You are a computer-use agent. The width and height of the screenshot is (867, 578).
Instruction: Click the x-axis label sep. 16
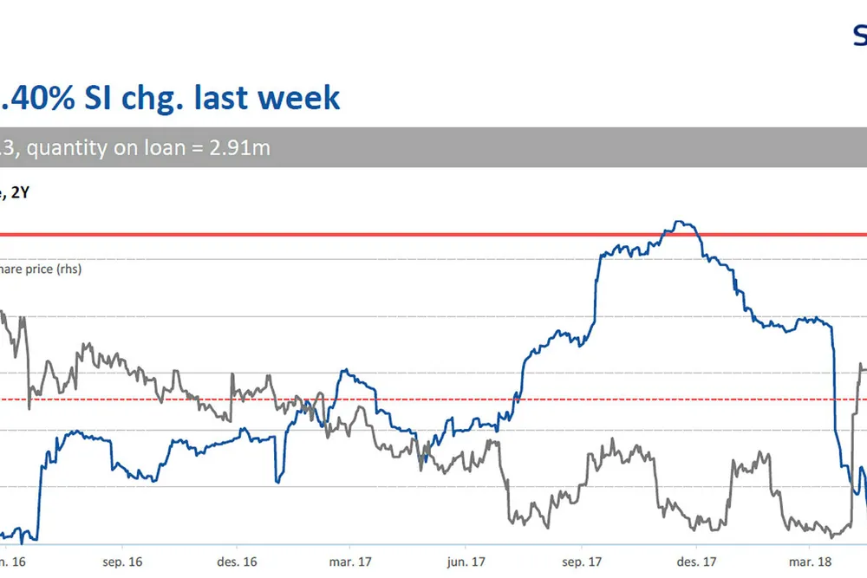tap(122, 562)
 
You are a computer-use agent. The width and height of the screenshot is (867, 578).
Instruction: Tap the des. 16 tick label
tap(237, 562)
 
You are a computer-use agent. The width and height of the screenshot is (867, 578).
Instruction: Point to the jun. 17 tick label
tap(466, 562)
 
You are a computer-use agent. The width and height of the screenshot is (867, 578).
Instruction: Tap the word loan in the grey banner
tap(162, 148)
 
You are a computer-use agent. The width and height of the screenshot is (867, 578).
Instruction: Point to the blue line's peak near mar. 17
tap(345, 371)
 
